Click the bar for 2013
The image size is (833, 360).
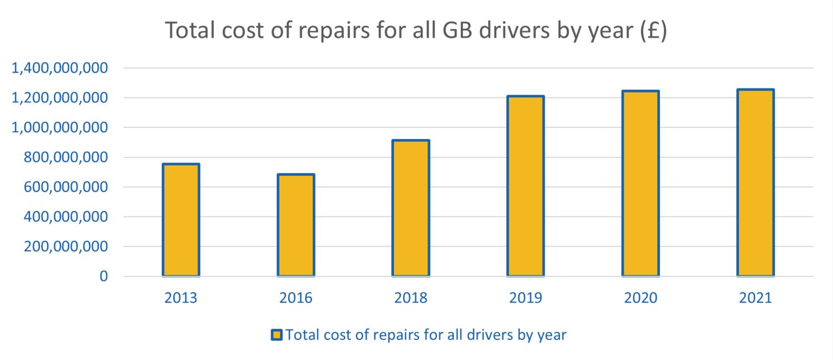pyautogui.click(x=181, y=220)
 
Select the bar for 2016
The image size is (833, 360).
pyautogui.click(x=296, y=225)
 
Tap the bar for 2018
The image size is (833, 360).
pyautogui.click(x=411, y=208)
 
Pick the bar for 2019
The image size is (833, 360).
pyautogui.click(x=525, y=186)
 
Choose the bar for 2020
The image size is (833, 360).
pyautogui.click(x=640, y=183)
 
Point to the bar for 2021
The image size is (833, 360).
pyautogui.click(x=755, y=183)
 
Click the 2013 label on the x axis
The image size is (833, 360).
pyautogui.click(x=181, y=298)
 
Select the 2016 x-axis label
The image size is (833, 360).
pyautogui.click(x=296, y=298)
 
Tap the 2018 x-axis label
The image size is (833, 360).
pyautogui.click(x=411, y=298)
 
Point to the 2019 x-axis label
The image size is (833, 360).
pyautogui.click(x=525, y=298)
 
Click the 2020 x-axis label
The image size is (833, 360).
pyautogui.click(x=640, y=298)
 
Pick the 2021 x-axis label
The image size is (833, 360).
pyautogui.click(x=755, y=298)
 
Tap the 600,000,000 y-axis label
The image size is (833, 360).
pyautogui.click(x=65, y=188)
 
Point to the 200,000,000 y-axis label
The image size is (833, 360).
pyautogui.click(x=65, y=246)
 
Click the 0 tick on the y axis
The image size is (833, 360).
pyautogui.click(x=103, y=277)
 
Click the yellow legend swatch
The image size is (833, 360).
pyautogui.click(x=277, y=335)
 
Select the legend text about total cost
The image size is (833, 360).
pyautogui.click(x=426, y=335)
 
